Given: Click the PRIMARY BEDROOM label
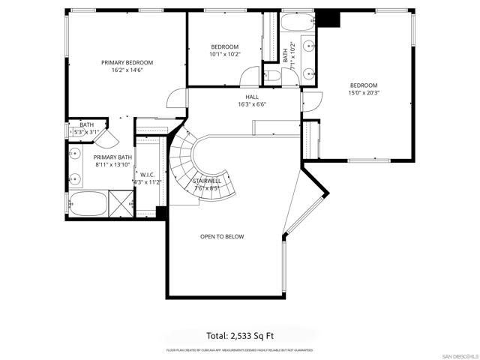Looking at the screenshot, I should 127,62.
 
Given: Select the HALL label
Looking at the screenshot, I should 252,97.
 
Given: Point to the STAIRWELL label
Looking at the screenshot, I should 206,181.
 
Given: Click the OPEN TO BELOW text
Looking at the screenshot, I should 221,236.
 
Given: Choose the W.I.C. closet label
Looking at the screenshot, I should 146,174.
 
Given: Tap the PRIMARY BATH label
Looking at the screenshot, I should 112,157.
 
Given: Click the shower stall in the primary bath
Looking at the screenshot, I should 120,202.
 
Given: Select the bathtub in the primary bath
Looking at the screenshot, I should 86,203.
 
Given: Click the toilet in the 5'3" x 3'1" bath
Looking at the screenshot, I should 73,132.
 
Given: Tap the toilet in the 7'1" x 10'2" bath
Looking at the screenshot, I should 274,76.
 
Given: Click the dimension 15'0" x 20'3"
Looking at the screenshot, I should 363,94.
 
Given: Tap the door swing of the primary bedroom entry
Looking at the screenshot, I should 176,100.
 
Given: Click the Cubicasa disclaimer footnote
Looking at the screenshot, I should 239,350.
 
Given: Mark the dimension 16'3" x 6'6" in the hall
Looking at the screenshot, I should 252,104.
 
